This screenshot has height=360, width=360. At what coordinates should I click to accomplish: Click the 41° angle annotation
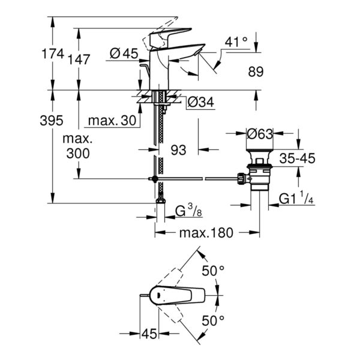point(236,42)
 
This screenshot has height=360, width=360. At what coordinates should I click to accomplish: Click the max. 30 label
point(112,121)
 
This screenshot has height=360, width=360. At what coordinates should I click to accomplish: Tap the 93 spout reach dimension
point(178,151)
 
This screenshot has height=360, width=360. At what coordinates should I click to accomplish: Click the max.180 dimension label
point(206,232)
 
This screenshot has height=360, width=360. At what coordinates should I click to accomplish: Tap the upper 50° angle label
point(212,272)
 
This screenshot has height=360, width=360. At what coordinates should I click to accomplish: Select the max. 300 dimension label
point(78,146)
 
